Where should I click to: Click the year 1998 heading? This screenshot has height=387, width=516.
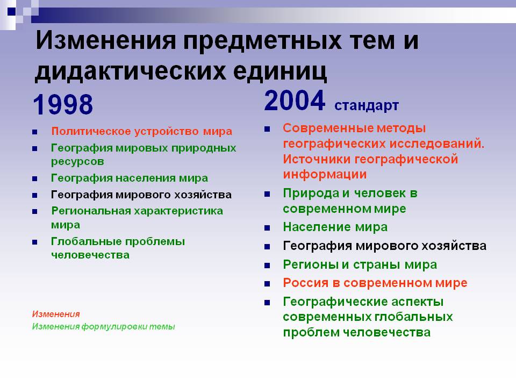(x=63, y=104)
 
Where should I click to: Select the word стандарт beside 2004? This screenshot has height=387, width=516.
(x=367, y=106)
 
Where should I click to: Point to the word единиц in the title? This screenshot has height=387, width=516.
(x=280, y=70)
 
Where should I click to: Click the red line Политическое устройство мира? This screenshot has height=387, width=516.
(x=142, y=131)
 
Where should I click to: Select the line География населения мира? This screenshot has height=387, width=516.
(x=130, y=178)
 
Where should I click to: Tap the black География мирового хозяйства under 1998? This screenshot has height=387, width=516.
(x=141, y=195)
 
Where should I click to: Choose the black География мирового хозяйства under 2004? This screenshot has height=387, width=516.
(x=385, y=246)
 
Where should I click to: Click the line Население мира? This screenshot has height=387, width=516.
(x=335, y=227)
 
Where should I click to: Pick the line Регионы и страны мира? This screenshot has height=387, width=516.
(x=360, y=264)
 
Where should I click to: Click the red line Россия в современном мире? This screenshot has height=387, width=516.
(x=375, y=283)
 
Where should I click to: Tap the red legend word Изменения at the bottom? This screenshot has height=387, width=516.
(x=56, y=314)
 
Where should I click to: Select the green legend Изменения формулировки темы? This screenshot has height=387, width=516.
(x=103, y=327)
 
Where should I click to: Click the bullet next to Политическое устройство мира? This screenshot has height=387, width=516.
(x=35, y=132)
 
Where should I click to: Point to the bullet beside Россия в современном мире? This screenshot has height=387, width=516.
(x=267, y=284)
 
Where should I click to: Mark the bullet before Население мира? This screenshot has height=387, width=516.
(x=267, y=228)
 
